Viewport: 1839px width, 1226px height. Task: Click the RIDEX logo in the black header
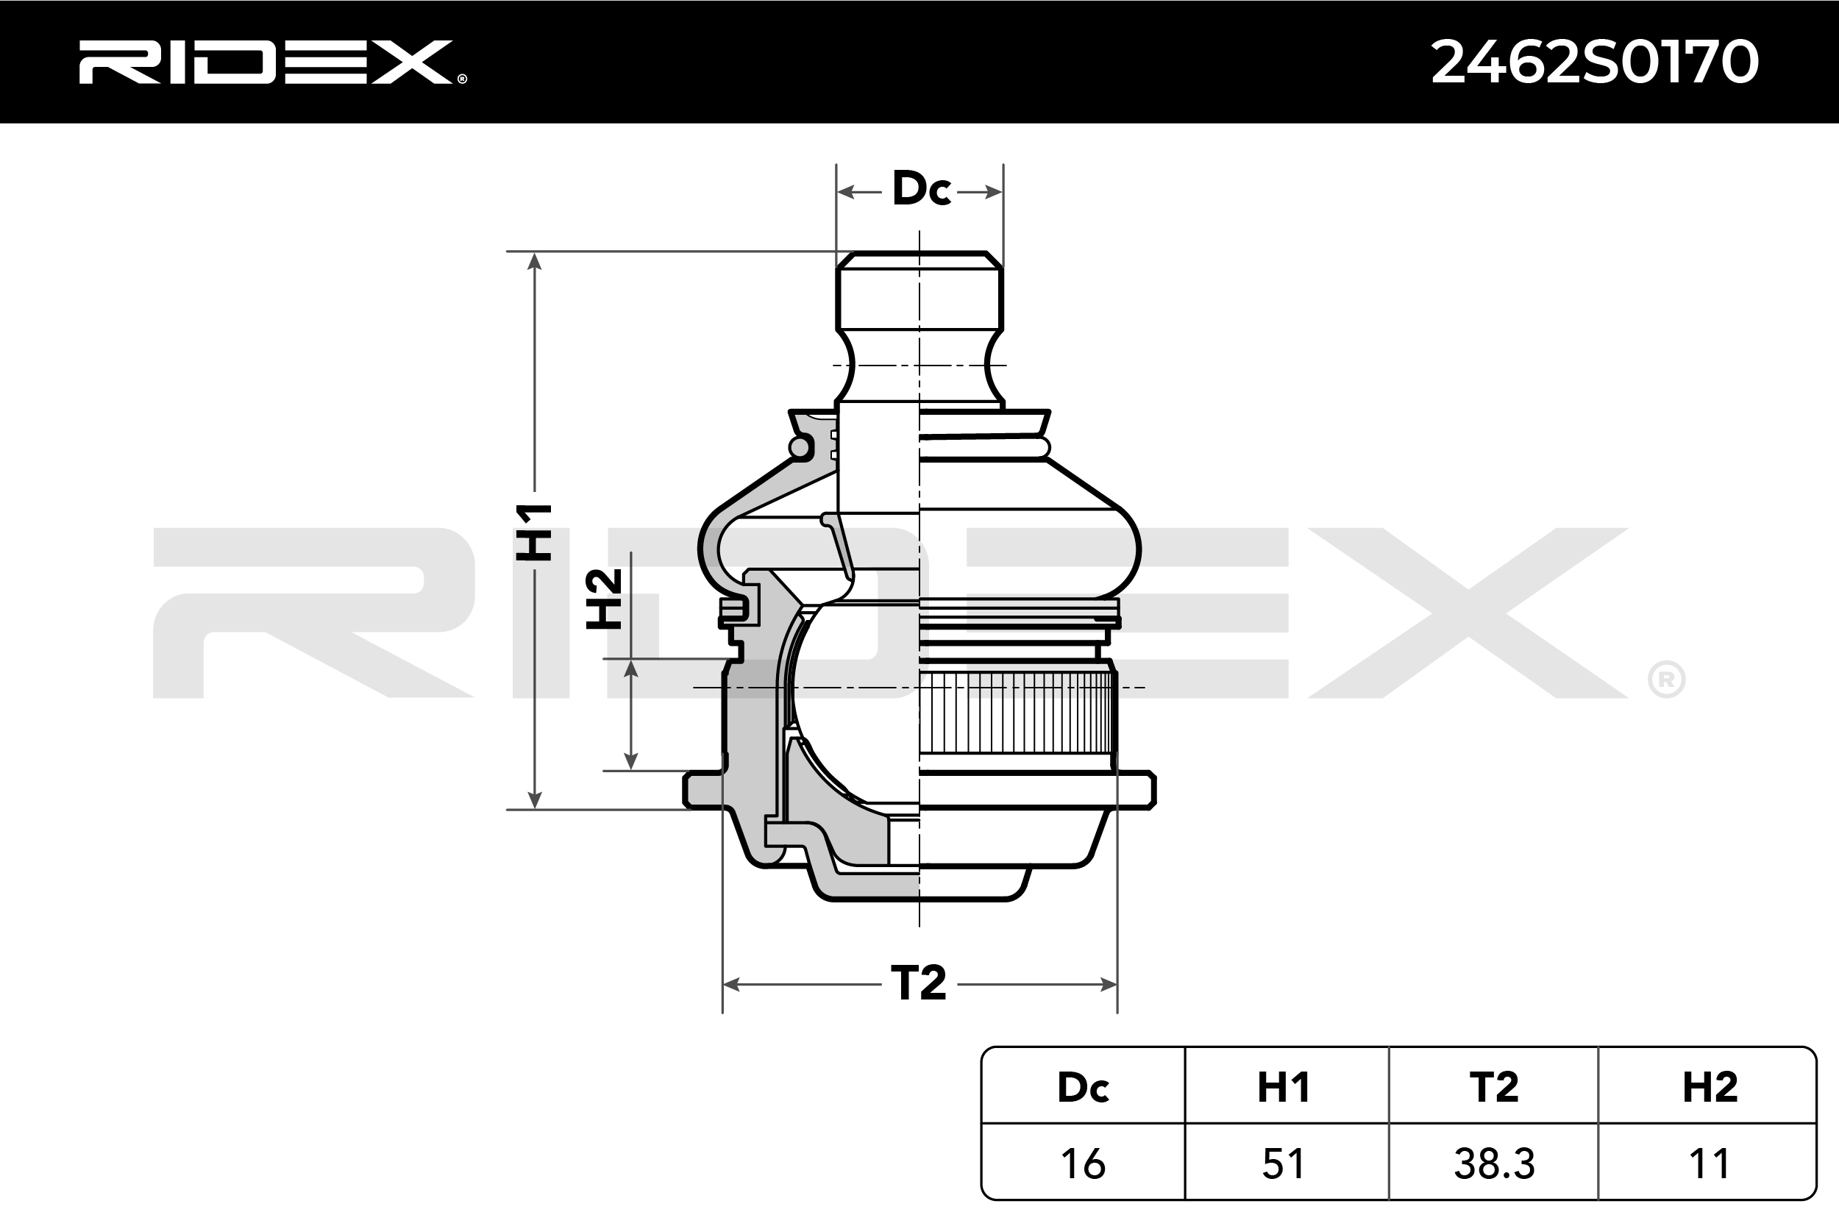click(272, 62)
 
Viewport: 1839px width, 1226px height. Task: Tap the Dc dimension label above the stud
click(921, 188)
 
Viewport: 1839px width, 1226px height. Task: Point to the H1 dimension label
click(534, 532)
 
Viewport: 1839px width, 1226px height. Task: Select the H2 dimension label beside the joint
click(605, 599)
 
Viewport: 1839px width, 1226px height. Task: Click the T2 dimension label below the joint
click(918, 983)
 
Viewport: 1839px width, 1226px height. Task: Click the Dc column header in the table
click(1083, 1087)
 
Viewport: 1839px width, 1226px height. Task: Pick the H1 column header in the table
click(1284, 1087)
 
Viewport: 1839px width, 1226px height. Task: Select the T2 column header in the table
click(1493, 1087)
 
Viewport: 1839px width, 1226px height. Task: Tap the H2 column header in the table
click(1710, 1087)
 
